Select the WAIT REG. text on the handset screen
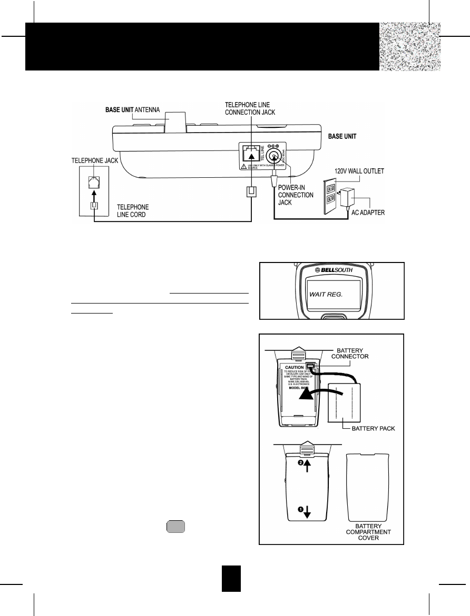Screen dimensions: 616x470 326,295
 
